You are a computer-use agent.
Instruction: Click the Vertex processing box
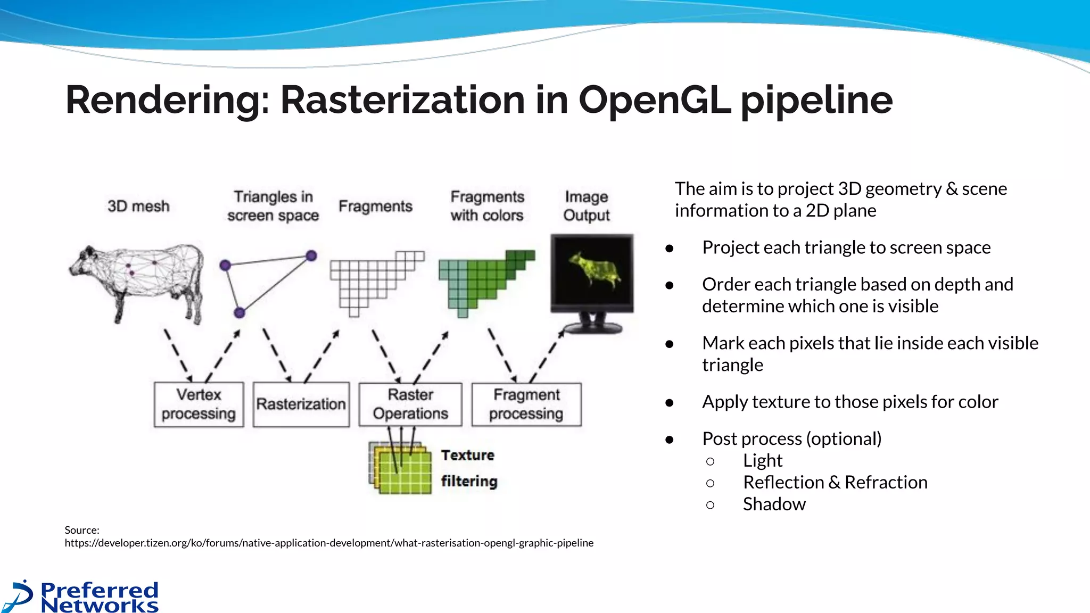(199, 404)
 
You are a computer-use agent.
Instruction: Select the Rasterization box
(301, 404)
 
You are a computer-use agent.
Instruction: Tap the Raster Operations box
(410, 404)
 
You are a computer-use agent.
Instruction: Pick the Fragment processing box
(526, 404)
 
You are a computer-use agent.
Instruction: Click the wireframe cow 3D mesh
(137, 279)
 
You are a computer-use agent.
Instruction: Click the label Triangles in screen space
(273, 206)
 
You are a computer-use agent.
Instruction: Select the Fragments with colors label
(487, 206)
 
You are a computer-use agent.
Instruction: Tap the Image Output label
(586, 206)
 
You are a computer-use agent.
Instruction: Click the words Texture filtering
(468, 468)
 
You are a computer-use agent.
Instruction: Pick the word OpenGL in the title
(655, 100)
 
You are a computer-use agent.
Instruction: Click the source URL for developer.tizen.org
(329, 543)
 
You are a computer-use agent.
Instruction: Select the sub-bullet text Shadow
(774, 504)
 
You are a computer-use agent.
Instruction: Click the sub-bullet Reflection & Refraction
(835, 483)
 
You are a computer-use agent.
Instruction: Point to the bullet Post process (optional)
(791, 439)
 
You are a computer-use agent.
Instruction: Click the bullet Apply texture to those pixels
(849, 402)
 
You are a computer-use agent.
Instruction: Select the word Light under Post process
(762, 461)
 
